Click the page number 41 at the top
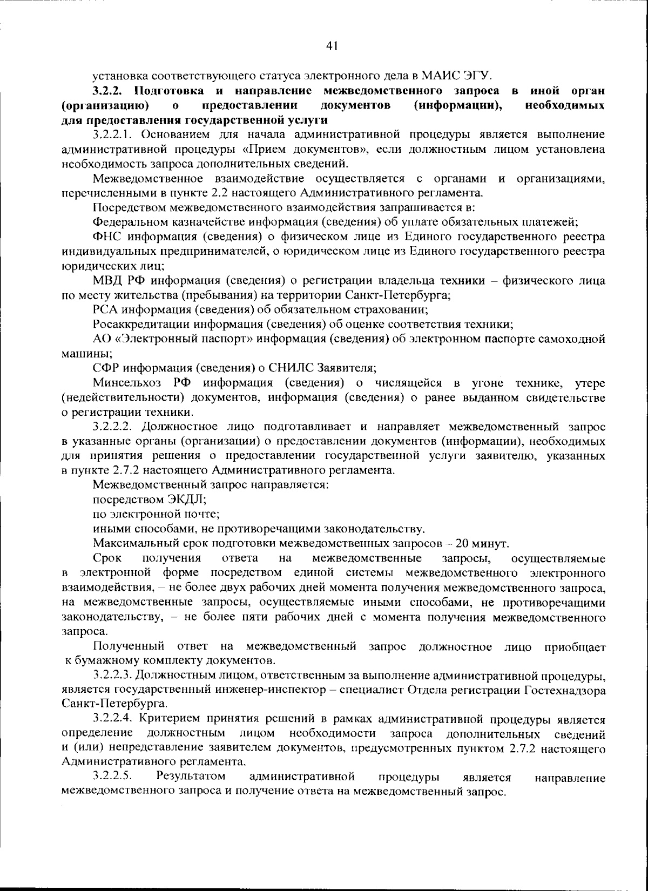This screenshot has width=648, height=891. (x=332, y=46)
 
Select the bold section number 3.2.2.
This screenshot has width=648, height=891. (x=109, y=90)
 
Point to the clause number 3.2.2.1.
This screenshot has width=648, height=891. (x=114, y=134)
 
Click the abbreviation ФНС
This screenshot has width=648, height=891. (x=106, y=237)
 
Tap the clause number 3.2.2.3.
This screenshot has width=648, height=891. (x=114, y=675)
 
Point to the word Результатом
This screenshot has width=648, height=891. (x=191, y=777)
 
